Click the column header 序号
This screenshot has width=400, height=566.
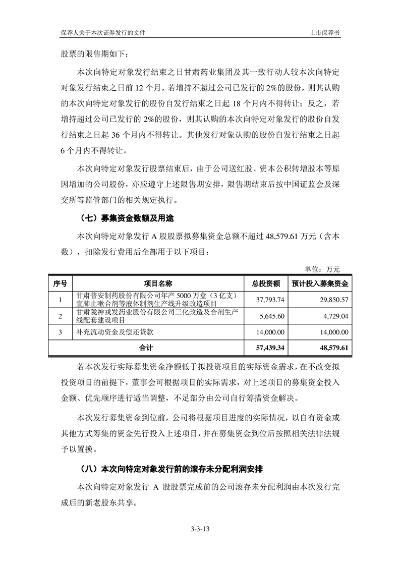pyautogui.click(x=60, y=283)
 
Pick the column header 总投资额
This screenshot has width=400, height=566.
pyautogui.click(x=265, y=283)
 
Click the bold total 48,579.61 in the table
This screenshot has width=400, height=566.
pyautogui.click(x=331, y=348)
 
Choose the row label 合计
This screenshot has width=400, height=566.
pyautogui.click(x=146, y=348)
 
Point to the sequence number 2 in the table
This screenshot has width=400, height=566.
pyautogui.click(x=60, y=316)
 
